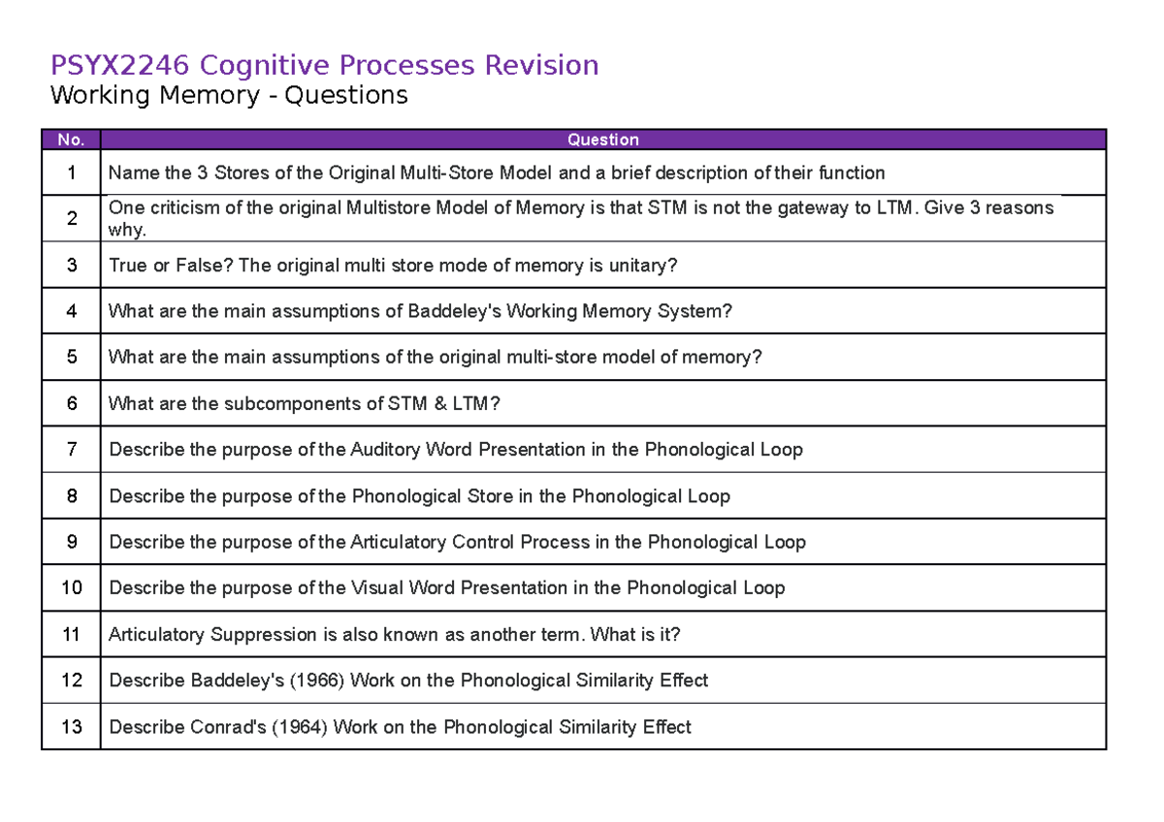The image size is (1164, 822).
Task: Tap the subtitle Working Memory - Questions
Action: (x=229, y=95)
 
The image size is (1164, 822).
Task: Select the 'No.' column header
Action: (x=71, y=140)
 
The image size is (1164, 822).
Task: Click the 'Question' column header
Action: (x=602, y=140)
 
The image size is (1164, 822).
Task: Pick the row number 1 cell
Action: (x=71, y=174)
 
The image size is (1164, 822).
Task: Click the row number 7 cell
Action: (x=71, y=450)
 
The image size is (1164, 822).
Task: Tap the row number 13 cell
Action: (x=71, y=727)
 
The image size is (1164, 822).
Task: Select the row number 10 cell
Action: (x=71, y=588)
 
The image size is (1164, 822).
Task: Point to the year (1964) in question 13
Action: (x=300, y=727)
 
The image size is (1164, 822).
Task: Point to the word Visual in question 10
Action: (x=377, y=588)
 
